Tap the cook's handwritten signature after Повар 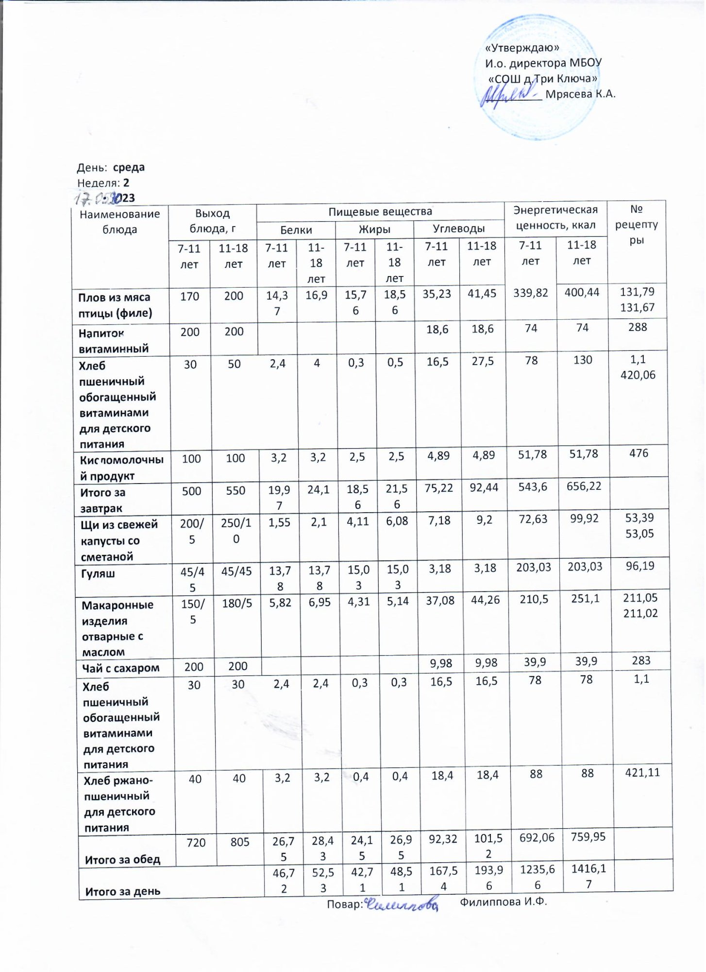coord(401,904)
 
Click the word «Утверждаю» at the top coord(522,48)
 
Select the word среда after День coord(129,168)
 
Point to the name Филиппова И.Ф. coord(503,902)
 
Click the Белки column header coord(296,230)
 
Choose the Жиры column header coord(374,229)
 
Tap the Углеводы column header coord(458,228)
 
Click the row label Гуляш coord(98,573)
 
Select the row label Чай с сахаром coord(120,668)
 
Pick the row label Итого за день coord(122,891)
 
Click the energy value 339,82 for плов coord(530,293)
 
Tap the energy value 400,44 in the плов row coord(582,292)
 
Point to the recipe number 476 coord(639,453)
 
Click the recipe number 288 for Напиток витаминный coord(637,327)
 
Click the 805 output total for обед coord(240,842)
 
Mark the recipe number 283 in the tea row coord(641,660)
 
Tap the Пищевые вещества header coord(380,212)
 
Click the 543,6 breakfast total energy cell coord(532,487)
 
